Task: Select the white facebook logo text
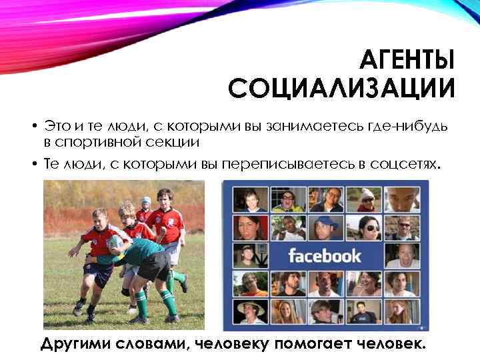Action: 324,255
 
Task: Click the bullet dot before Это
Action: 32,127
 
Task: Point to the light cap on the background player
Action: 146,200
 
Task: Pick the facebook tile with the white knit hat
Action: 366,199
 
